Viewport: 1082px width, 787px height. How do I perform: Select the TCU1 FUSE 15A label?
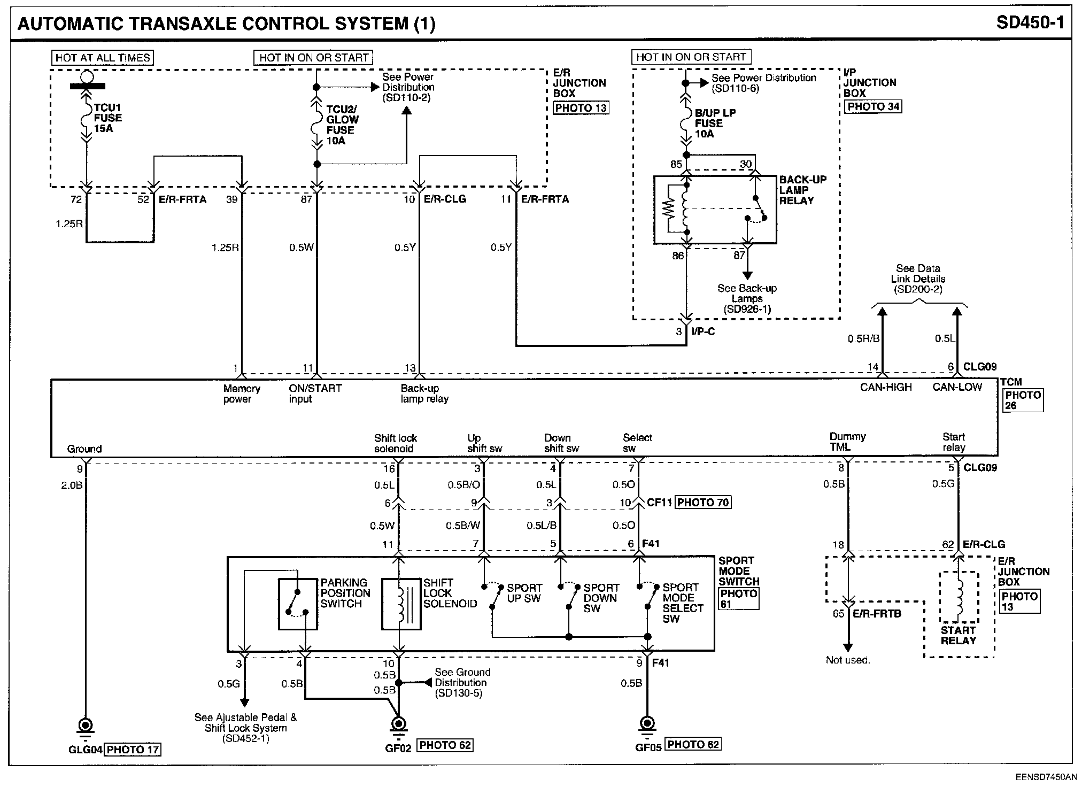pos(107,118)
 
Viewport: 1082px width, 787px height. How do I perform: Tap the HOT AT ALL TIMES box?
pos(103,58)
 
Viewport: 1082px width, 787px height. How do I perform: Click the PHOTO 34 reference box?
pos(873,106)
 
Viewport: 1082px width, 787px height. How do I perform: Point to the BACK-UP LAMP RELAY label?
pos(802,190)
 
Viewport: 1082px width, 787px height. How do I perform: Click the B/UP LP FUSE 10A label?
pos(715,124)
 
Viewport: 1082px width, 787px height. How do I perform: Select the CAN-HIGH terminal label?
pos(886,387)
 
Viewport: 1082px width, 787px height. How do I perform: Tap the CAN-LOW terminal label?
pos(957,387)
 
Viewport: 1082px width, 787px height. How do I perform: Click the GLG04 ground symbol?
pos(85,728)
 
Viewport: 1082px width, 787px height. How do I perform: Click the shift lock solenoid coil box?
pos(401,603)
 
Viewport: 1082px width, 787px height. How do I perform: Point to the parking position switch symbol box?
pos(298,603)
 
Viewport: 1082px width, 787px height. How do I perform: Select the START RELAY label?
pos(959,635)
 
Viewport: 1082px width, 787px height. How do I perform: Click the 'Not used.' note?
pos(848,660)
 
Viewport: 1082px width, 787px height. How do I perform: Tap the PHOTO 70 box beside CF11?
pos(703,503)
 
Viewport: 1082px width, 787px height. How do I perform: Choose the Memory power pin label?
pos(242,394)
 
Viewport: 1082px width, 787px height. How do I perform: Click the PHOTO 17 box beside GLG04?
pos(133,750)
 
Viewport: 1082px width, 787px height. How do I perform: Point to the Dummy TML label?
pos(847,442)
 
